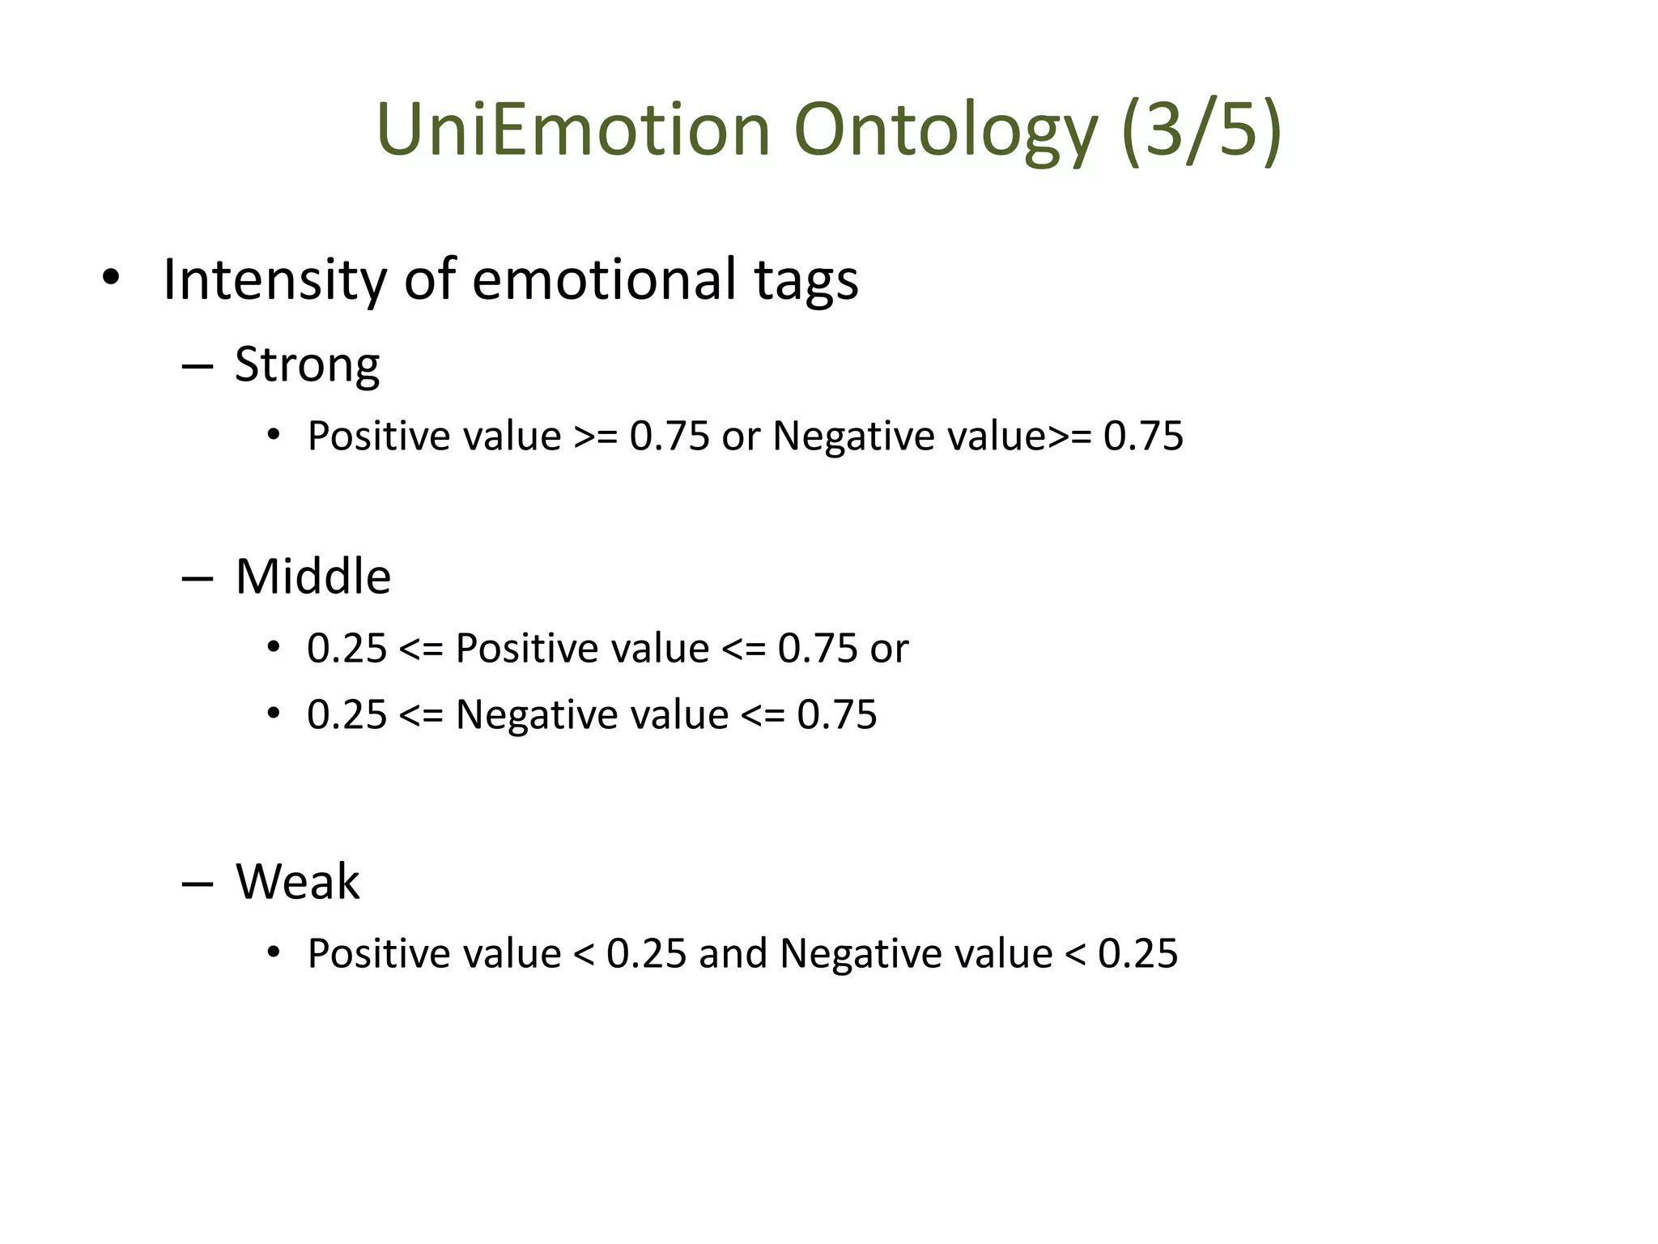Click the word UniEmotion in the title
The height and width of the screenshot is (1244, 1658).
tap(573, 130)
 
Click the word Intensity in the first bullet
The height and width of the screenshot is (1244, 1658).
tap(274, 280)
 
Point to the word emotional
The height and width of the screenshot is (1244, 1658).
tap(603, 279)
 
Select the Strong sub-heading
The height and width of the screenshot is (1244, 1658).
tap(307, 366)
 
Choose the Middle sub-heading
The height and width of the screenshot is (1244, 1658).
tap(312, 577)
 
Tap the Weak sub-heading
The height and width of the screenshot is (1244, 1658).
tap(297, 881)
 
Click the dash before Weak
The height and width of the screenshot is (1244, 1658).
tap(198, 883)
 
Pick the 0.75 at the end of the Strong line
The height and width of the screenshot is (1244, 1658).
tap(1143, 436)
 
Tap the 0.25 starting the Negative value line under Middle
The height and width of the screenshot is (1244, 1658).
tap(346, 715)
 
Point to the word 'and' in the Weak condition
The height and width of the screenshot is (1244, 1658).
tap(733, 953)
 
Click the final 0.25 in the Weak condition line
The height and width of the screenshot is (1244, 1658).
tap(1137, 953)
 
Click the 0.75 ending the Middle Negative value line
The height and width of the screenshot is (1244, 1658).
tap(836, 715)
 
